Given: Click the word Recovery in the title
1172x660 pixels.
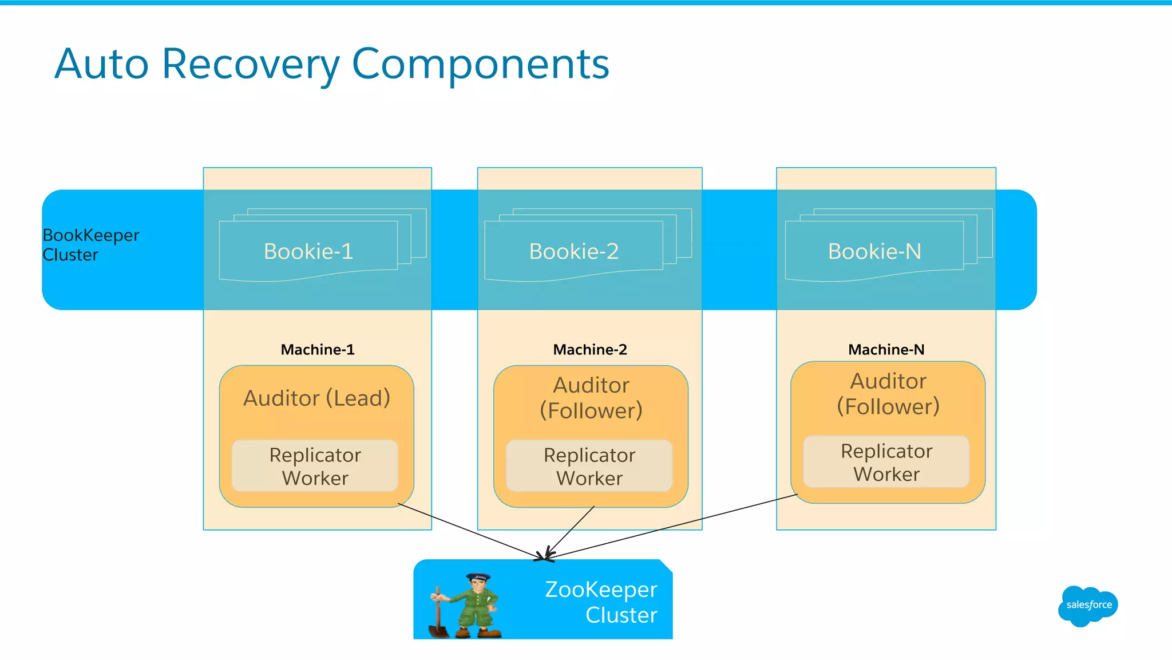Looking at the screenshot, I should click(x=251, y=64).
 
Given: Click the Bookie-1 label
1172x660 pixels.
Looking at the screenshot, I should click(x=308, y=251).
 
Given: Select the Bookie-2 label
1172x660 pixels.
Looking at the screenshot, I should click(x=574, y=251).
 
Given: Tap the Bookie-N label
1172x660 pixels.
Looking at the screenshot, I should click(x=874, y=251).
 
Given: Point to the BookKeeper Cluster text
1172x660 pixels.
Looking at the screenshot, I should click(x=90, y=245).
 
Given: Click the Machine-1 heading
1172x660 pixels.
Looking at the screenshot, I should click(x=318, y=349).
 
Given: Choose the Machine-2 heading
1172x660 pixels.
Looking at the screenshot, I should click(x=590, y=349).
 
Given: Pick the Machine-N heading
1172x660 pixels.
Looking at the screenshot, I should click(x=886, y=349).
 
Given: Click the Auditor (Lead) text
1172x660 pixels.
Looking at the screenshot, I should click(x=316, y=398).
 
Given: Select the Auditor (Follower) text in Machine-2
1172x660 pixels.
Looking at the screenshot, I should click(x=591, y=398).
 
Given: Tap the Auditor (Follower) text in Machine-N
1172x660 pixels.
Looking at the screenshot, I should click(x=888, y=394).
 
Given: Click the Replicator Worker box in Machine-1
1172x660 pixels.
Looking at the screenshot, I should click(x=315, y=466).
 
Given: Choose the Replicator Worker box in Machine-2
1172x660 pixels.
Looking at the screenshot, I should click(x=589, y=466).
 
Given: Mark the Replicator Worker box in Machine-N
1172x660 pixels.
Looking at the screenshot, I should click(x=886, y=462).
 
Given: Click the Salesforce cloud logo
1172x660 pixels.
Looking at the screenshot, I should click(x=1087, y=605).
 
